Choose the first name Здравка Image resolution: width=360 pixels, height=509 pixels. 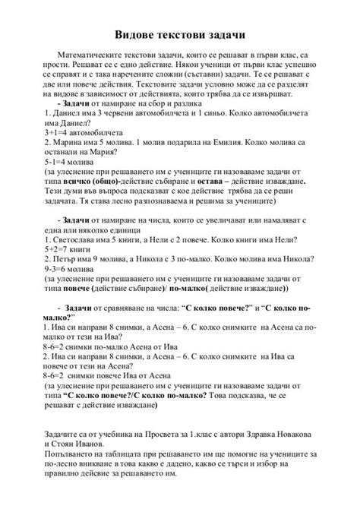coord(262,433)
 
